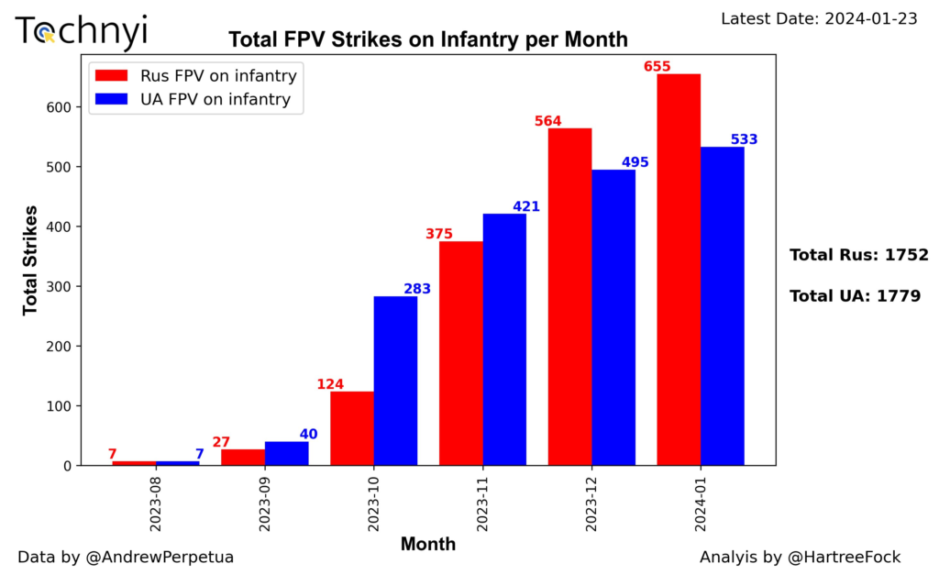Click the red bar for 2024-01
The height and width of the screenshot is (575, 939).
pyautogui.click(x=679, y=270)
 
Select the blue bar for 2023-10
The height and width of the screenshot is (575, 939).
pyautogui.click(x=395, y=381)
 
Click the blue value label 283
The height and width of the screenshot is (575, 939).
pyautogui.click(x=416, y=289)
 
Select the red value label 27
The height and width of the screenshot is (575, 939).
pyautogui.click(x=221, y=442)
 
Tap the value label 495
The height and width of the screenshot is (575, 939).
pyautogui.click(x=635, y=162)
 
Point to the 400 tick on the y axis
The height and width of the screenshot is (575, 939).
pyautogui.click(x=60, y=227)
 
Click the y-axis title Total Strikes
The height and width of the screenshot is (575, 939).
pyautogui.click(x=30, y=260)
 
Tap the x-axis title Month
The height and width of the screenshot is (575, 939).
pyautogui.click(x=428, y=544)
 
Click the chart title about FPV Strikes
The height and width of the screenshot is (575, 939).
pyautogui.click(x=428, y=39)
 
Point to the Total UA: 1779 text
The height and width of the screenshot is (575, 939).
pyautogui.click(x=855, y=295)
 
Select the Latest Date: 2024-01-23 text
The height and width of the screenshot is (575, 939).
pyautogui.click(x=819, y=18)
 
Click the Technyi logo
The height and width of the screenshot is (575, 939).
pyautogui.click(x=81, y=32)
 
